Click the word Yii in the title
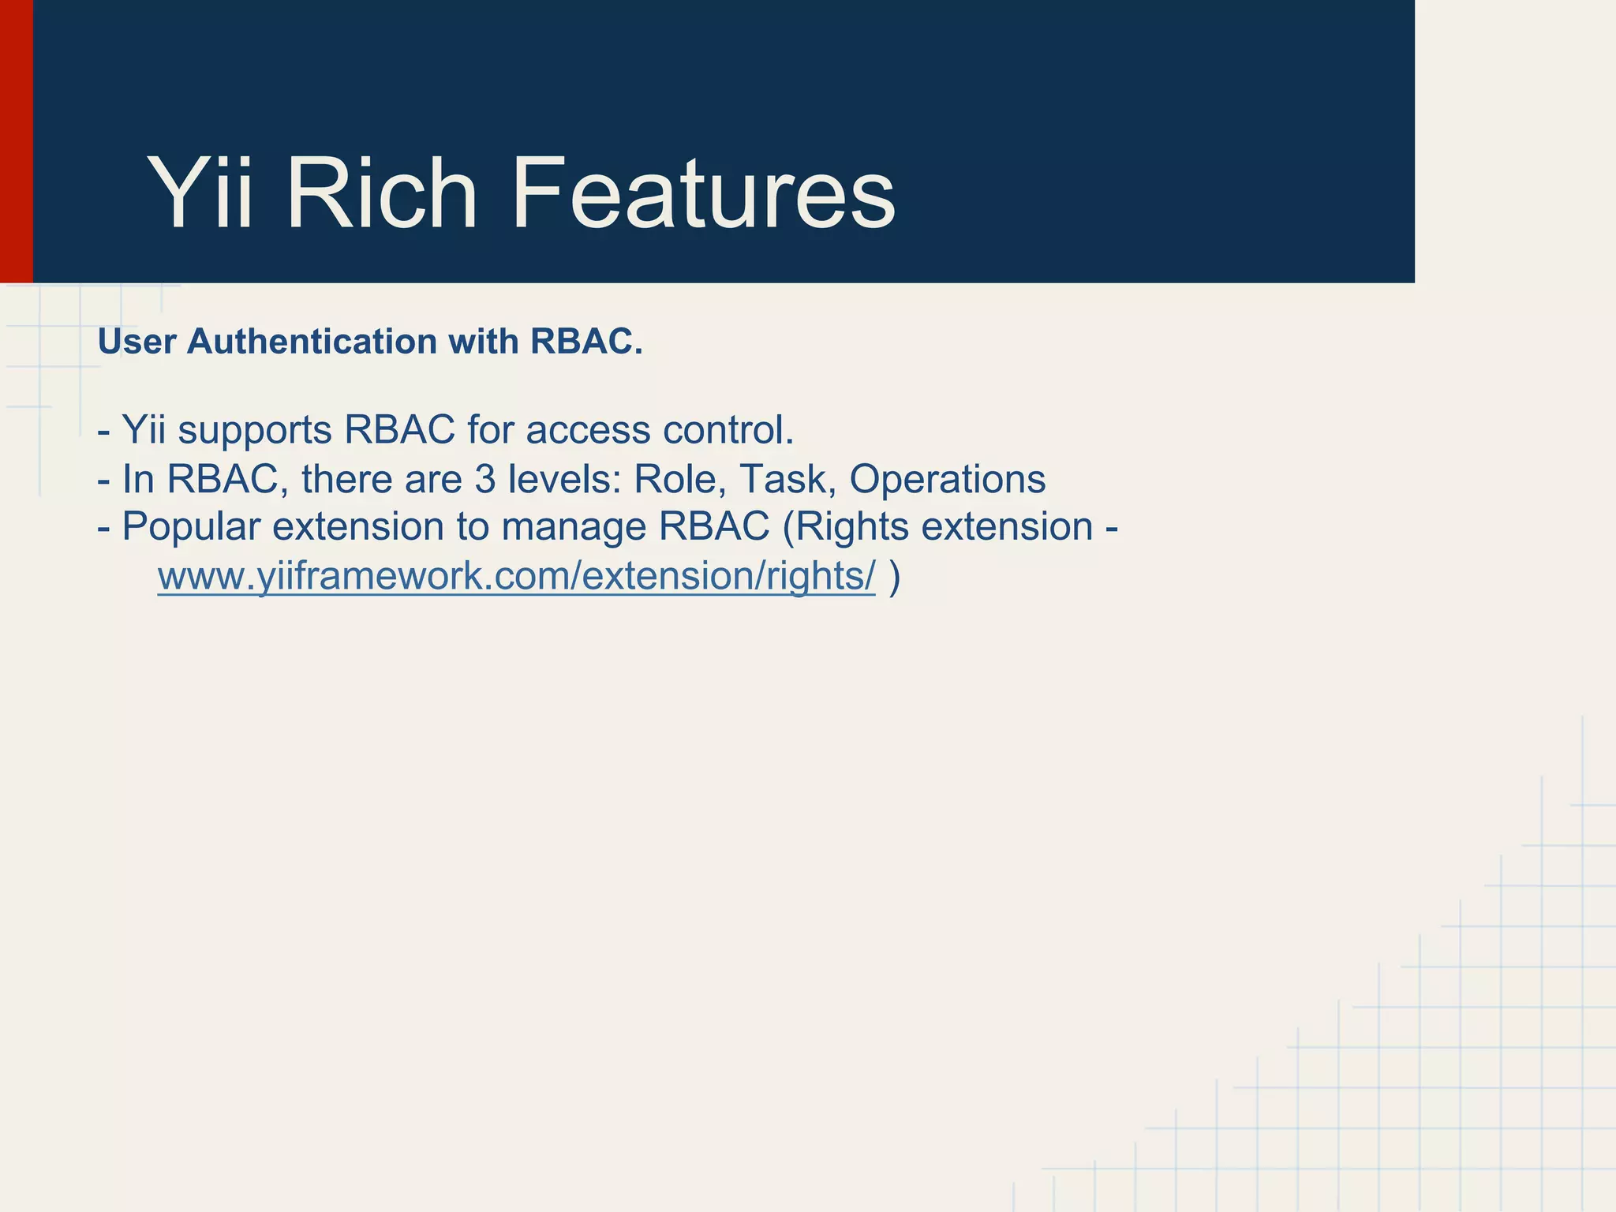pyautogui.click(x=200, y=193)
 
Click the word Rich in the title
pyautogui.click(x=382, y=193)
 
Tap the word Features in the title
pyautogui.click(x=703, y=193)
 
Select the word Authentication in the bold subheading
pyautogui.click(x=312, y=342)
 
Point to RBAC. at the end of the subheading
pyautogui.click(x=586, y=342)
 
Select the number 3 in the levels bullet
pyautogui.click(x=484, y=479)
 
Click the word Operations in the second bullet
pyautogui.click(x=947, y=479)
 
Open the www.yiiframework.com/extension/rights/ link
pyautogui.click(x=516, y=576)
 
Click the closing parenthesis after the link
pyautogui.click(x=894, y=576)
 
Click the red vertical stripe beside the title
pyautogui.click(x=16, y=142)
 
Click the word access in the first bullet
pyautogui.click(x=588, y=431)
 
